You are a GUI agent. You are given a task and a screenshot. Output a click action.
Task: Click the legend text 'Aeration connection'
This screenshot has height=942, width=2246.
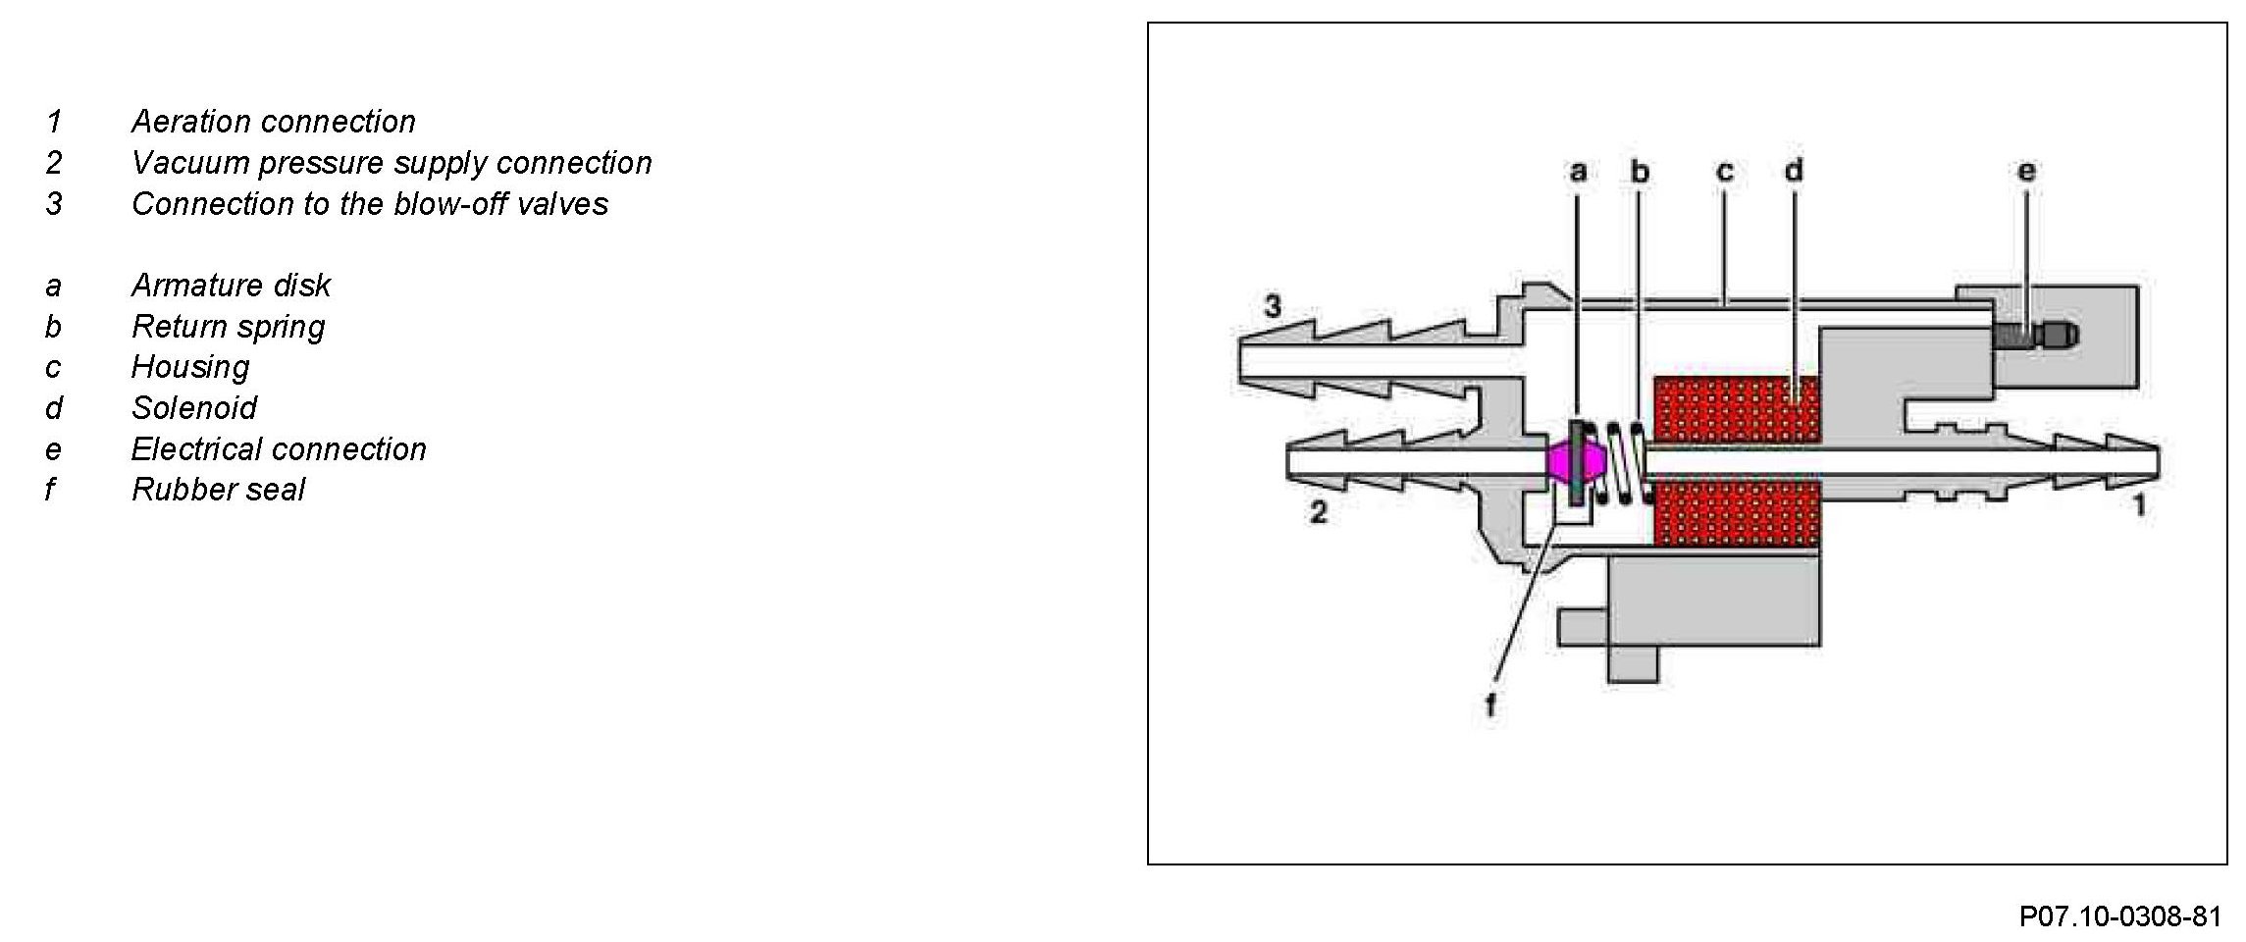274,122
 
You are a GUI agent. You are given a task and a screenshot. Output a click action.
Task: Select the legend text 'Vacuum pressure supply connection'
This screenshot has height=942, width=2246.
392,163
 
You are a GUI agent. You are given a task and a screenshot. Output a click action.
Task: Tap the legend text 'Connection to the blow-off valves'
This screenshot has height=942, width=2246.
370,204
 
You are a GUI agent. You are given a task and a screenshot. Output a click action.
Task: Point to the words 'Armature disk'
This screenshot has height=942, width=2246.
231,286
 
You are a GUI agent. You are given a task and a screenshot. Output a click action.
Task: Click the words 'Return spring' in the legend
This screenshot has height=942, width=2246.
228,327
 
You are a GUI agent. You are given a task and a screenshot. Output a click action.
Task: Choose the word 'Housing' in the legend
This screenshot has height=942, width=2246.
190,368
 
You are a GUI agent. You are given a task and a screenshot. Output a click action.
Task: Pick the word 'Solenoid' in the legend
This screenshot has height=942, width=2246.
194,408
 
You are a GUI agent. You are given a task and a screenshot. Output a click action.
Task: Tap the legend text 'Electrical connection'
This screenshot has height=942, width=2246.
279,449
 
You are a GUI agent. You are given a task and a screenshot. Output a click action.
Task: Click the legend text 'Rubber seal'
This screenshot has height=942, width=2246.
218,490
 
